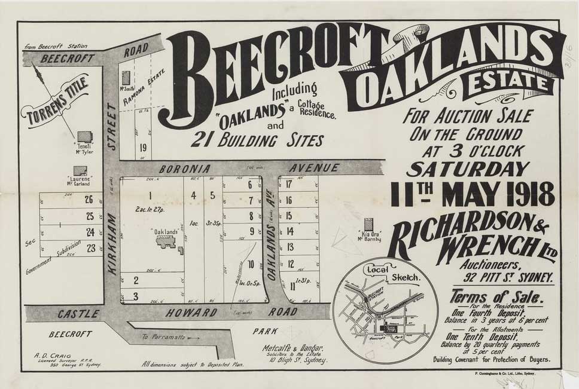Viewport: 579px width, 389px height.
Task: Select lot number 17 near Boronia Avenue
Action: pos(288,184)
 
